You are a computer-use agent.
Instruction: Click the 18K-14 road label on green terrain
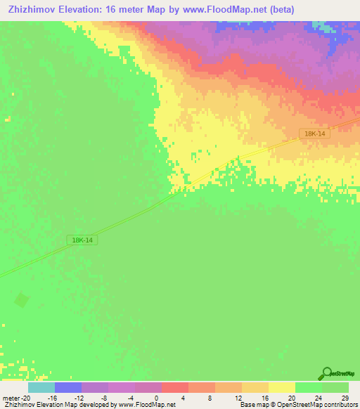point(82,240)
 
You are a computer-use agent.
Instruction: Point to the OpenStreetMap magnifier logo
point(327,373)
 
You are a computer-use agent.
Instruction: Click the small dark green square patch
point(22,300)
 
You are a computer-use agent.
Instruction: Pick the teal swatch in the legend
point(41,387)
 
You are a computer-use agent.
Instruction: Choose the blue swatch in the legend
point(68,387)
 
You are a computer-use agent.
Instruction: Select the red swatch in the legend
point(175,387)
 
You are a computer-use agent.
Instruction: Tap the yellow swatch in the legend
point(282,387)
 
